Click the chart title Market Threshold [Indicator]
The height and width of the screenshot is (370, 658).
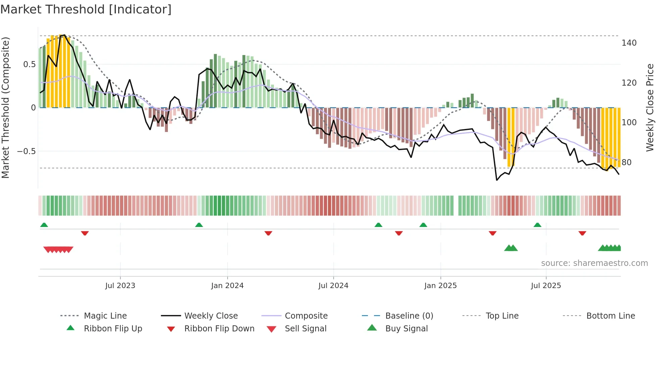86,9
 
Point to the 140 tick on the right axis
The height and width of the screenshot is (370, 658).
629,43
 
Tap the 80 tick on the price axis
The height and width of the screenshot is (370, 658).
626,163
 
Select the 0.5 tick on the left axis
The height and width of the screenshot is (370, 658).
30,64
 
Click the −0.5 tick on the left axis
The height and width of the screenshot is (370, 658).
27,151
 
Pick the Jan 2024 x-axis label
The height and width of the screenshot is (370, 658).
227,286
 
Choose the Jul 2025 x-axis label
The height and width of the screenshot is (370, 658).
546,286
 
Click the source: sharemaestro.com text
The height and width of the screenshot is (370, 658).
594,263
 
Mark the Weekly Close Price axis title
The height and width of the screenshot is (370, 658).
650,107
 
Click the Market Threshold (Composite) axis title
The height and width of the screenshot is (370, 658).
5,107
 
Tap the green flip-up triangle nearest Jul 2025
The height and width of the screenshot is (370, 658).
537,225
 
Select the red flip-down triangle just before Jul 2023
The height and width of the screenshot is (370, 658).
85,233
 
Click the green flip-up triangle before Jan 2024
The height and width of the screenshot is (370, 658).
199,225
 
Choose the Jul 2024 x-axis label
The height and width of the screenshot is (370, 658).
333,286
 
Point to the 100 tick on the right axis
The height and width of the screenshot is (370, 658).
629,123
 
